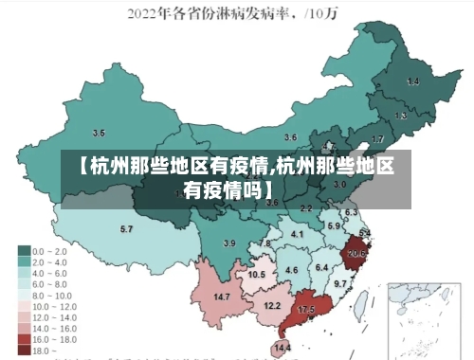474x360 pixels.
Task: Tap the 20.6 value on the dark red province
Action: (356, 253)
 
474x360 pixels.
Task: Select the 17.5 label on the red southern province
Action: (306, 310)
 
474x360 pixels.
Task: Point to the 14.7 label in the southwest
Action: (222, 297)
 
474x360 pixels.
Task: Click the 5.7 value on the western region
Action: (126, 229)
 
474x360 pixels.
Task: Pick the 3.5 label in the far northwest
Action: (99, 133)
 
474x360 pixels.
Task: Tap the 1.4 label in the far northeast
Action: (412, 82)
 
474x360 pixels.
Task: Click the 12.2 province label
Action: (272, 305)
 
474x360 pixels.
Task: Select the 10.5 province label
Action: (256, 275)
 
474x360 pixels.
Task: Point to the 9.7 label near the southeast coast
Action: (340, 282)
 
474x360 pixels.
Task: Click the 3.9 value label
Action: (228, 243)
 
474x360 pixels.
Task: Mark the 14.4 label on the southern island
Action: (283, 348)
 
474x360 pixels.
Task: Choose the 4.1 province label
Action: (297, 234)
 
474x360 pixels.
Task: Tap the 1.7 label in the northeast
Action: (378, 139)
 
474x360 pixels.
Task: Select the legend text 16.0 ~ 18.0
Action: (55, 338)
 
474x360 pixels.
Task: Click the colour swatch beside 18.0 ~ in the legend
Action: (24, 350)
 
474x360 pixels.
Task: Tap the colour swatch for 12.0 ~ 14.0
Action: (24, 316)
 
